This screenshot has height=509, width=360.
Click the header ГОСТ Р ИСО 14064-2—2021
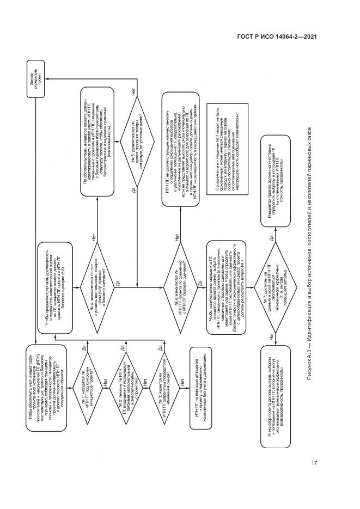[x=278, y=37]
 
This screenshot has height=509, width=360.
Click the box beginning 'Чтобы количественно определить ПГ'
[x=228, y=262]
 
